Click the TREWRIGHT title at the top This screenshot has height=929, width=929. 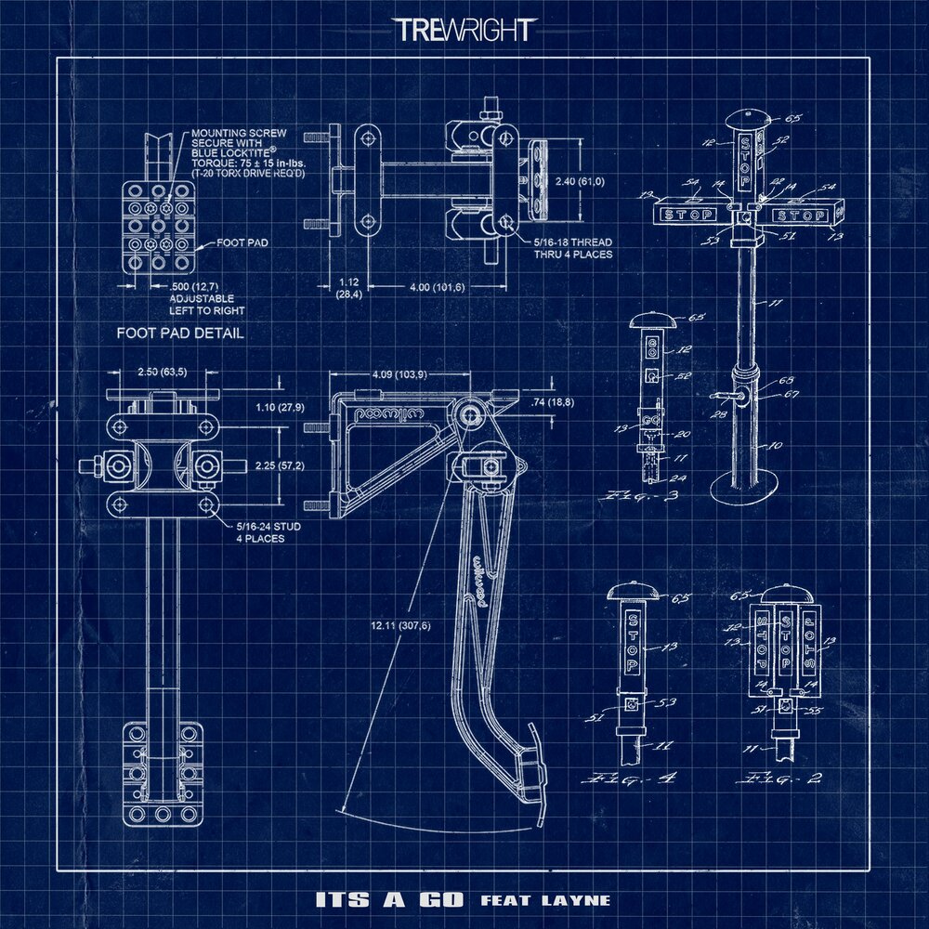[x=464, y=30]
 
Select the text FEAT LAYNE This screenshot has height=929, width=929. [x=545, y=900]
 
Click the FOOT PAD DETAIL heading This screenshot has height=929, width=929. [x=180, y=333]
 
